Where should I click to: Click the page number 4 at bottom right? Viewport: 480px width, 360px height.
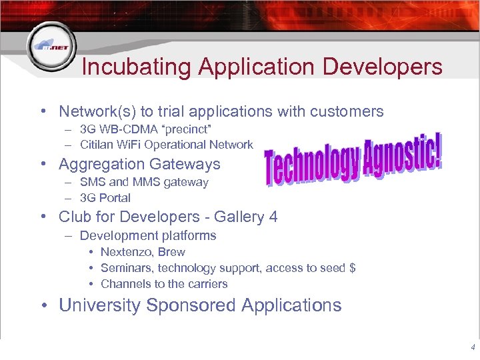(x=473, y=347)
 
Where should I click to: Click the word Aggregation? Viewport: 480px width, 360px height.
(x=101, y=164)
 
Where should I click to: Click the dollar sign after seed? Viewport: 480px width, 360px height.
(x=352, y=268)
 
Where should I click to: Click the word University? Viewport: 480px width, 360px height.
(x=100, y=305)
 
